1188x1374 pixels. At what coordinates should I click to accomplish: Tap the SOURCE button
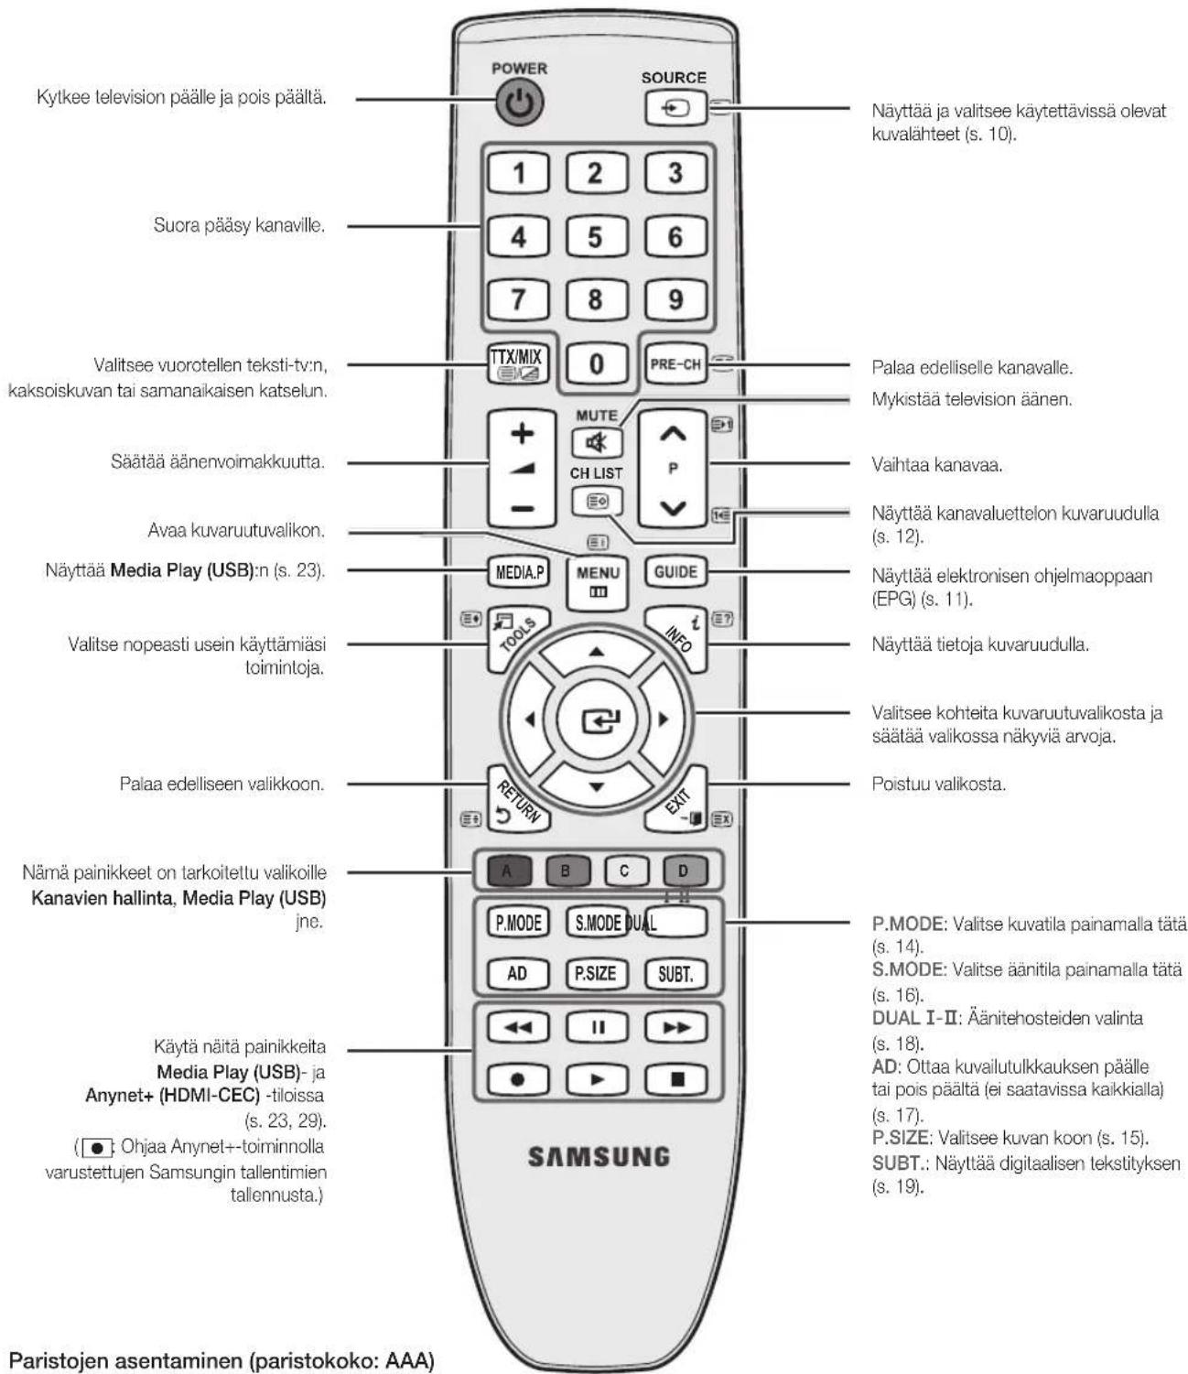[x=675, y=108]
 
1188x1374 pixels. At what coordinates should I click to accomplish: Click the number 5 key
[x=596, y=237]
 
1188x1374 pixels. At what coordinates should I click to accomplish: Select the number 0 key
[x=597, y=363]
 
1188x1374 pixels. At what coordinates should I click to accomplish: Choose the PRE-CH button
[x=675, y=364]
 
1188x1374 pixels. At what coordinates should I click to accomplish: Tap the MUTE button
[x=597, y=442]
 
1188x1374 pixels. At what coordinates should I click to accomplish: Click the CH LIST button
[x=597, y=502]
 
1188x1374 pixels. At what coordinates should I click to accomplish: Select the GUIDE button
[x=675, y=572]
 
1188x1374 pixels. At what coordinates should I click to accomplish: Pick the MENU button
[x=597, y=582]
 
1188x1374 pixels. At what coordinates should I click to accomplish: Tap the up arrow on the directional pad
[x=597, y=652]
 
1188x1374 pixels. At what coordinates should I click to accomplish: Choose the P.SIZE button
[x=596, y=974]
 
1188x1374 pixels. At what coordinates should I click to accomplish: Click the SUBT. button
[x=675, y=974]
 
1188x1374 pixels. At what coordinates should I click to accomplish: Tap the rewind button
[x=518, y=1027]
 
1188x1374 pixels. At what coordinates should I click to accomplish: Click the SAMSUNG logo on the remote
[x=599, y=1157]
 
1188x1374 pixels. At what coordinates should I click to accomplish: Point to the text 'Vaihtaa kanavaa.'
[x=936, y=465]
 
